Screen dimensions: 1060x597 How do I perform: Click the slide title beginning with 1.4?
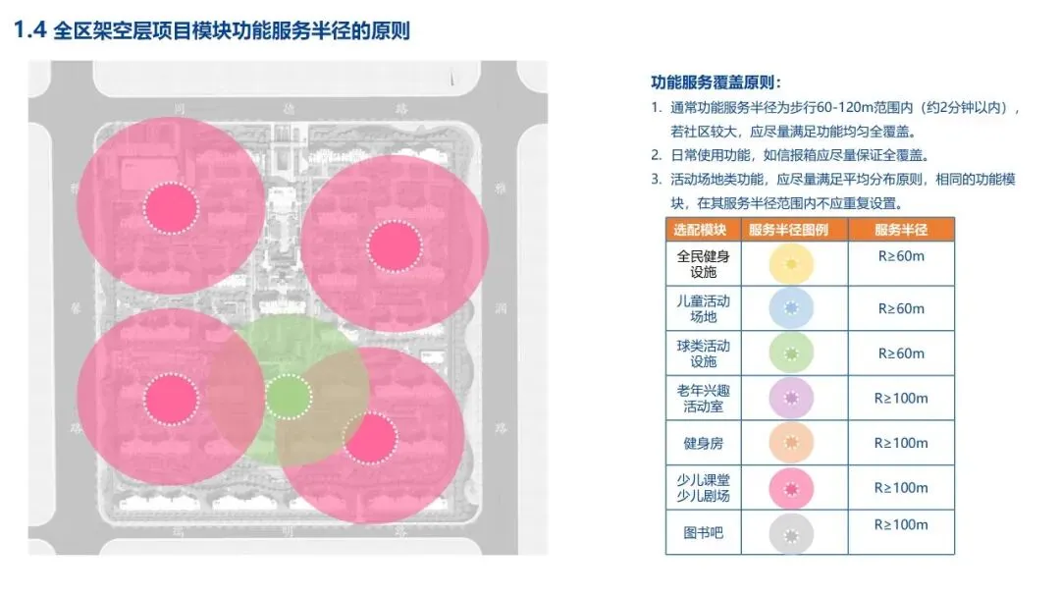tap(211, 30)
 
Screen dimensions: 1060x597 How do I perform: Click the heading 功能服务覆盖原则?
tap(715, 82)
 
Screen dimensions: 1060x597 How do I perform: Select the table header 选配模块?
tap(702, 230)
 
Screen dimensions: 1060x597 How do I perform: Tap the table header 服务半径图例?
tap(794, 230)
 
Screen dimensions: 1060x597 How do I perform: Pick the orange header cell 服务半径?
tap(901, 230)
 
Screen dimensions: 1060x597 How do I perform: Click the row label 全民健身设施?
tap(703, 263)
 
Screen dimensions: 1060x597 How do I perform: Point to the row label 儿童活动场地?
tap(703, 307)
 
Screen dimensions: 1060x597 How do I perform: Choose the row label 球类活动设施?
tap(703, 353)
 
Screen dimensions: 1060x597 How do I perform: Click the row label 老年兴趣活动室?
tap(703, 398)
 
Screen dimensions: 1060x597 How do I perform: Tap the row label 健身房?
tap(703, 443)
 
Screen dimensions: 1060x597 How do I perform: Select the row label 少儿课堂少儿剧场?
tap(703, 487)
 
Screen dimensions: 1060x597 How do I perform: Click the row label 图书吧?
tap(703, 532)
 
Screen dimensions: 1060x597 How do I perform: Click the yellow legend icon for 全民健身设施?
tap(794, 263)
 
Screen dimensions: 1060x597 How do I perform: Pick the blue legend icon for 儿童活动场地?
tap(794, 308)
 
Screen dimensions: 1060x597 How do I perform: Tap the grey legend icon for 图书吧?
tap(794, 533)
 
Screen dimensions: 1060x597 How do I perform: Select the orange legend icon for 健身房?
tap(794, 443)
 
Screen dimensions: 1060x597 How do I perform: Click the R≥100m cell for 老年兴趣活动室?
tap(901, 399)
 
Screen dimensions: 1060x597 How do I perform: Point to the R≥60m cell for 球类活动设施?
tap(901, 353)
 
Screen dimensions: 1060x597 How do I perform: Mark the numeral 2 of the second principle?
tap(656, 155)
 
